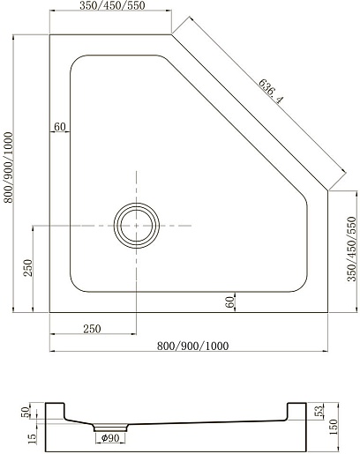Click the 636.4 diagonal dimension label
271,92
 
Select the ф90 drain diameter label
110,438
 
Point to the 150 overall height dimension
334,427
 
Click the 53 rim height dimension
319,411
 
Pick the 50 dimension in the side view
26,412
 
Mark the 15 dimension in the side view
33,439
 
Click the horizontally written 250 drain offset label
92,329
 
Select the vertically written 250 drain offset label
28,268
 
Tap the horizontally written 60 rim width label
60,127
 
